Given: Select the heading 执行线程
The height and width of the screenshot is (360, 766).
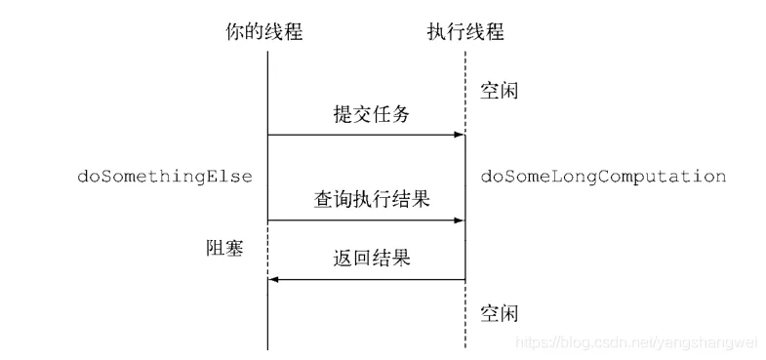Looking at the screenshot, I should tap(465, 32).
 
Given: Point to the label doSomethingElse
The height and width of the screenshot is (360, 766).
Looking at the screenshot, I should tap(165, 177).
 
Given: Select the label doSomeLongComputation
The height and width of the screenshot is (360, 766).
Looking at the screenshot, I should tap(603, 177).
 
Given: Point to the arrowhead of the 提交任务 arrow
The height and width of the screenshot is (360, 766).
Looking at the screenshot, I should tap(459, 136).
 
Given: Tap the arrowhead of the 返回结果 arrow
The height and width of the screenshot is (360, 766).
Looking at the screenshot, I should tap(274, 280).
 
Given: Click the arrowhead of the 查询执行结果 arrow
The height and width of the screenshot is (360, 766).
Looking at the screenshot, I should tap(459, 221).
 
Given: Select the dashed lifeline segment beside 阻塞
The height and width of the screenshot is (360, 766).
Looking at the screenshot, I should tap(267, 251).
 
